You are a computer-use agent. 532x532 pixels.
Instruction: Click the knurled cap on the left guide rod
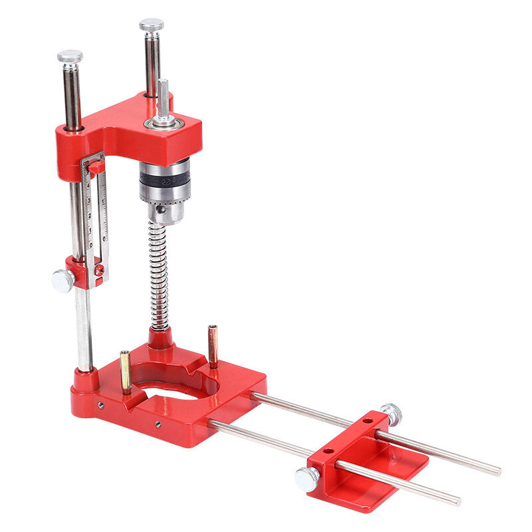[x=70, y=57]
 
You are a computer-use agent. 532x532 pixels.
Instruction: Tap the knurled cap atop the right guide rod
[x=152, y=25]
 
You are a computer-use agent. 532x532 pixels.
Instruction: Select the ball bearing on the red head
[x=162, y=122]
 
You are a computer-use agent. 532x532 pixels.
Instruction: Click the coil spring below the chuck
[x=160, y=276]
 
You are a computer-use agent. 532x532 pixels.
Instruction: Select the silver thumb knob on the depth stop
[x=63, y=281]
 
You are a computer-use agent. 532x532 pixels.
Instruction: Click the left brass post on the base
[x=126, y=372]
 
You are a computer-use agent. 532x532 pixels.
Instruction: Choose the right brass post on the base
[x=213, y=346]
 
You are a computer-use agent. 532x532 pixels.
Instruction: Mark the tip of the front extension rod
[x=457, y=500]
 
